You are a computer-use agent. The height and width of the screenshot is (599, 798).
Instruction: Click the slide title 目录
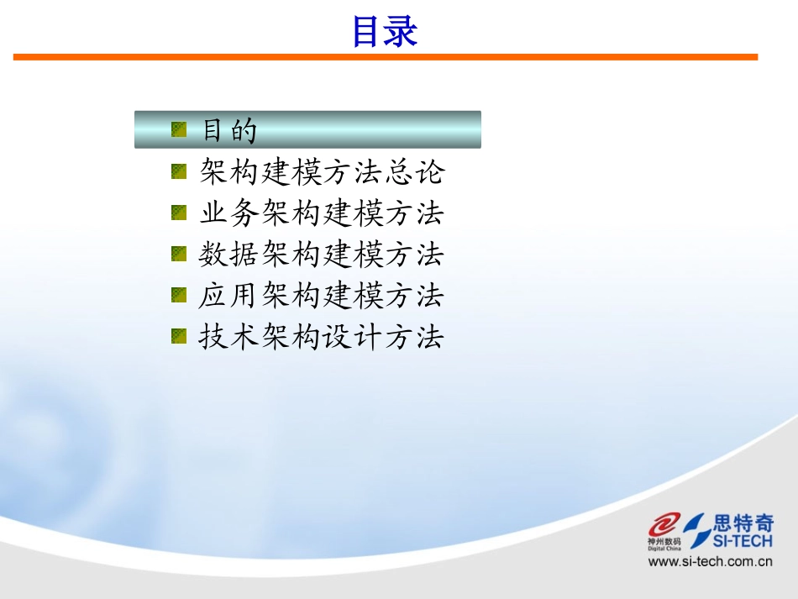(384, 32)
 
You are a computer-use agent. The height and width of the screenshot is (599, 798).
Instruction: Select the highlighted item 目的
(229, 130)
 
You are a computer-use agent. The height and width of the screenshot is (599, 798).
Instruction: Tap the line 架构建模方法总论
(322, 172)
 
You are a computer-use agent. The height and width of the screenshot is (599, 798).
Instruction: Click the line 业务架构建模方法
(322, 213)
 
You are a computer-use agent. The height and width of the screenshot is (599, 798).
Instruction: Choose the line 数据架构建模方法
(322, 255)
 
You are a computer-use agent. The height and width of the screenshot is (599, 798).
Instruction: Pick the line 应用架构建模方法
(322, 296)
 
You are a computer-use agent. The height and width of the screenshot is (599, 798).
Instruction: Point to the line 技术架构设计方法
(322, 337)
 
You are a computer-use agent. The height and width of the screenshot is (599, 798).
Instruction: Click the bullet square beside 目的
(179, 129)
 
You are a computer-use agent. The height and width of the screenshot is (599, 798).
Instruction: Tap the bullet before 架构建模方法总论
(179, 171)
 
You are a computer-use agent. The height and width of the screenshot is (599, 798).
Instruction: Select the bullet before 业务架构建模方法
(179, 213)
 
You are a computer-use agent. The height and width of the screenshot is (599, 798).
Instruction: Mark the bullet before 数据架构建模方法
(179, 254)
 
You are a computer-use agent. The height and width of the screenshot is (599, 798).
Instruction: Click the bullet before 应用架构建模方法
(179, 295)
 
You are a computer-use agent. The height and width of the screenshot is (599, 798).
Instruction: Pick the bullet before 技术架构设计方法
(179, 336)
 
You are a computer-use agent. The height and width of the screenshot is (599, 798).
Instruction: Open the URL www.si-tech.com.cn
(710, 562)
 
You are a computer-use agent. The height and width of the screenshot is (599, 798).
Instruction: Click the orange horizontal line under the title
(385, 57)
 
